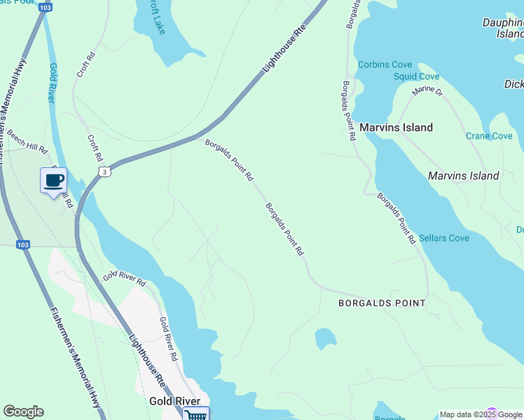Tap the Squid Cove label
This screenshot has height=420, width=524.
416,76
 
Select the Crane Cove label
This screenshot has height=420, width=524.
489,136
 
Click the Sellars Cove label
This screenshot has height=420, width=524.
444,238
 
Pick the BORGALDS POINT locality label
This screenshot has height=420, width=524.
382,303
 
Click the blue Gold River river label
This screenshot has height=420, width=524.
53,83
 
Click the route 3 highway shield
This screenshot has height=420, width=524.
104,171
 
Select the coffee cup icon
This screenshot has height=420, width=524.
54,181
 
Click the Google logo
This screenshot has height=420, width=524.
23,412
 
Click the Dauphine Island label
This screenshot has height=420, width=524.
503,28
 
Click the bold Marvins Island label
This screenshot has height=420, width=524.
396,127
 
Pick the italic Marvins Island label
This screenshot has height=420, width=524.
463,176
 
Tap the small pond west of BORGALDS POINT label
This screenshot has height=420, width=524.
325,339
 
